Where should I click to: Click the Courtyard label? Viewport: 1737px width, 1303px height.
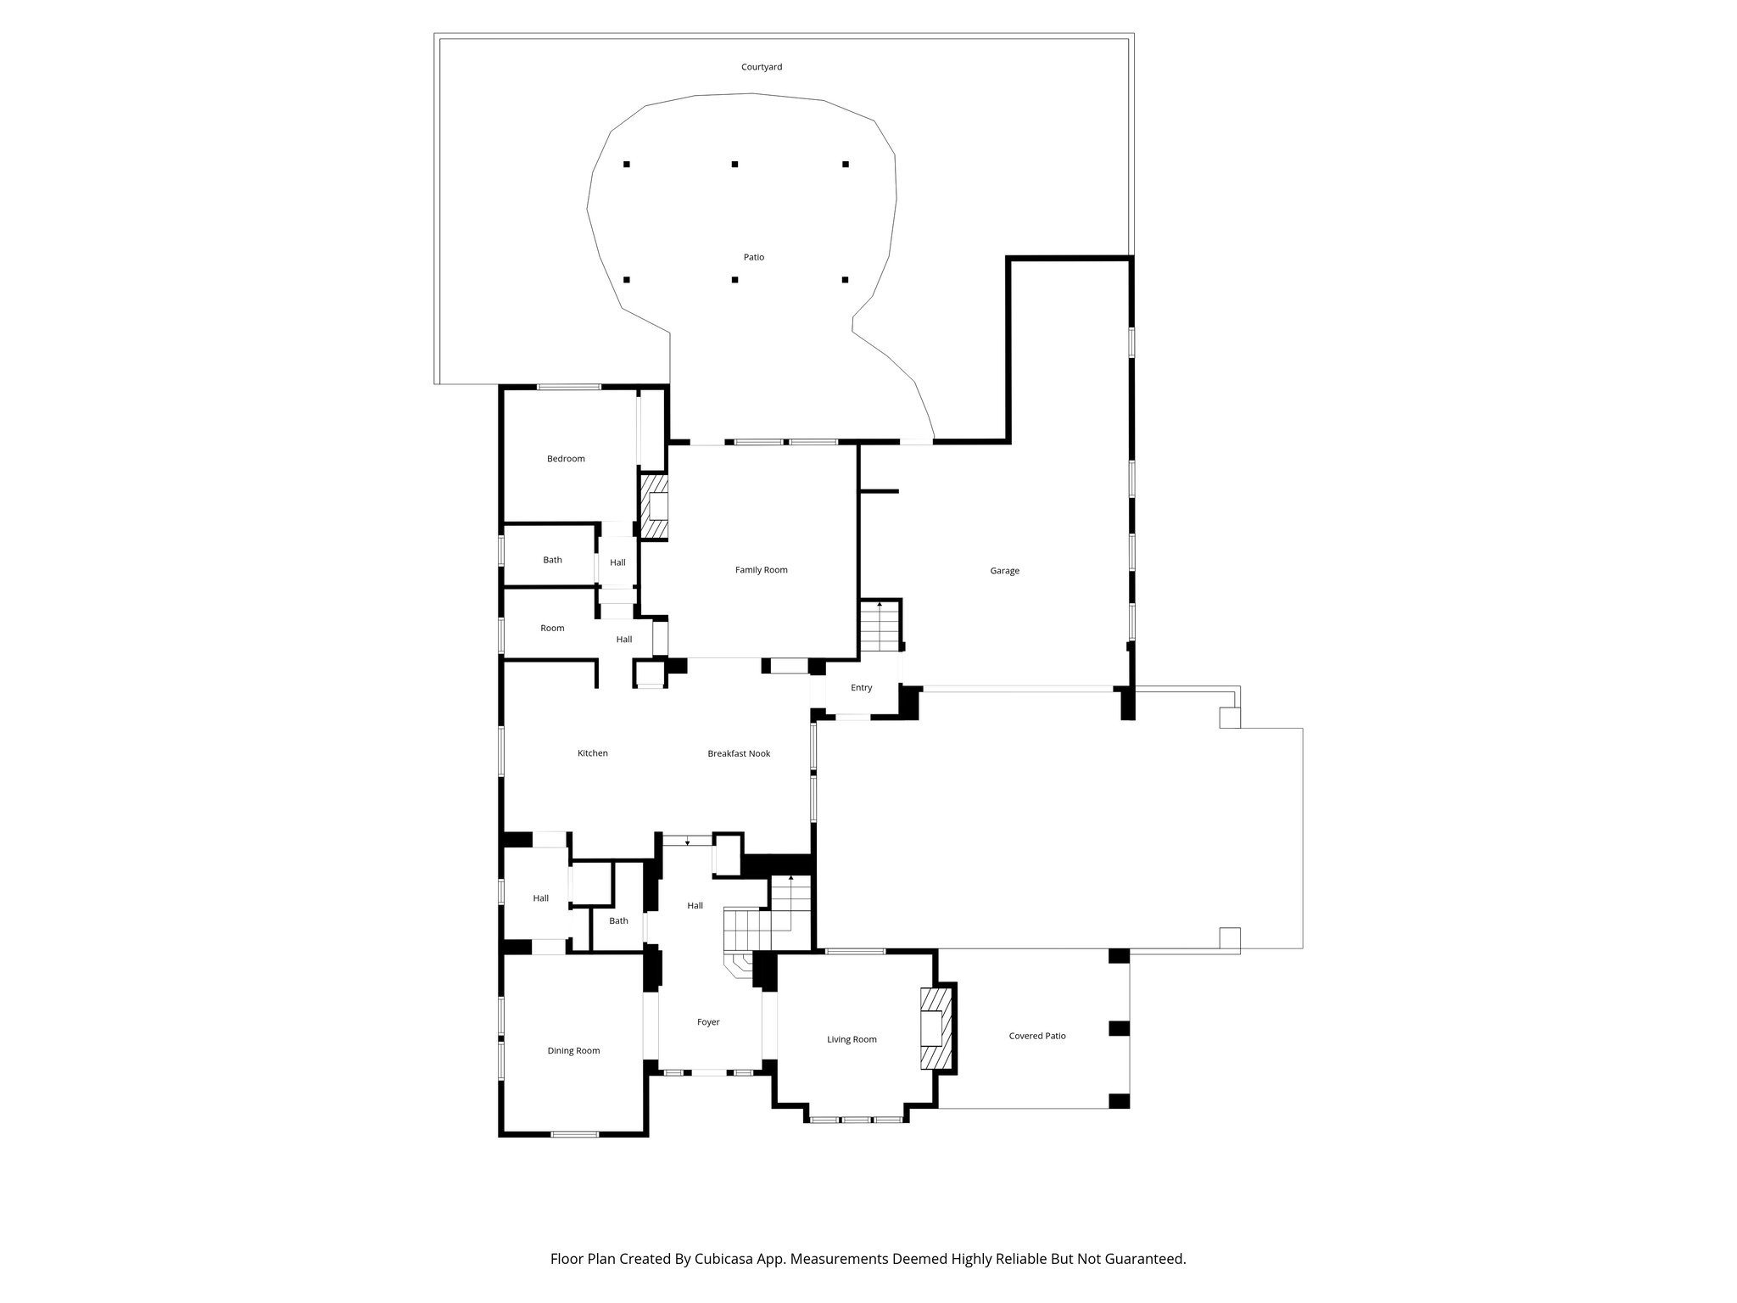761,67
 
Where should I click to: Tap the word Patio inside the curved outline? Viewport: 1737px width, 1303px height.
753,257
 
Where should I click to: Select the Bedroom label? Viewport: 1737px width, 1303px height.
566,459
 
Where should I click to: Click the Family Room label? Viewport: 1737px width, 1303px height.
761,570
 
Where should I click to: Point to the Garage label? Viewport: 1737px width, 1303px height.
1004,571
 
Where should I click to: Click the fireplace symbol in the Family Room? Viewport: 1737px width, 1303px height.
654,507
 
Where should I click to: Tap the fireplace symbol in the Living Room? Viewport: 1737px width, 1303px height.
936,1028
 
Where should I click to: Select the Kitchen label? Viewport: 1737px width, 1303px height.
592,753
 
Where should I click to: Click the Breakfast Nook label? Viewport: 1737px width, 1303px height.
739,753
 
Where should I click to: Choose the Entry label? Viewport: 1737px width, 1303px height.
861,688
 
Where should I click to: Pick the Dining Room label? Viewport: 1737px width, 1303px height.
573,1051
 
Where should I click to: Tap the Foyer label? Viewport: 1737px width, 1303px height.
708,1022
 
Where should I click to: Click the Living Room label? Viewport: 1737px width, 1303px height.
852,1040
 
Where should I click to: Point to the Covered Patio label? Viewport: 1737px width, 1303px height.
1037,1036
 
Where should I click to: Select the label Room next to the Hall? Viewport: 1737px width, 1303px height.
552,629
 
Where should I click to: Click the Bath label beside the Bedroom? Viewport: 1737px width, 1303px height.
552,560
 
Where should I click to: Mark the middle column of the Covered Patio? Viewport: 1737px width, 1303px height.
1120,1028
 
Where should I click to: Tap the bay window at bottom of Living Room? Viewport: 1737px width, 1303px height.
856,1120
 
